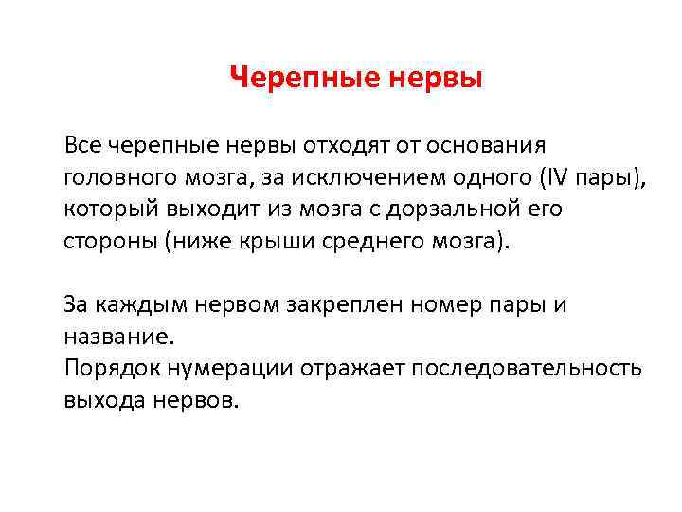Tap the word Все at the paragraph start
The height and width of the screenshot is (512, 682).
[x=83, y=145]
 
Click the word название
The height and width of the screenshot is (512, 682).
[x=119, y=336]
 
